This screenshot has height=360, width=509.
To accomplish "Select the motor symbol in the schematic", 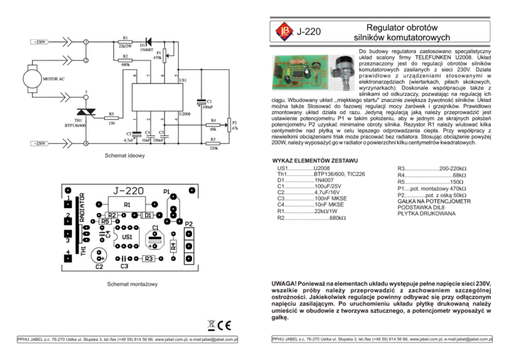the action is pos(32,75).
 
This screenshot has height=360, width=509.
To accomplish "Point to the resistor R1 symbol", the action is pos(126,42).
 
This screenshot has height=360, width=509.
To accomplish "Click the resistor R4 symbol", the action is pos(213,125).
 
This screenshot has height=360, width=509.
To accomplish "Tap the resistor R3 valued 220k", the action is pos(213,143).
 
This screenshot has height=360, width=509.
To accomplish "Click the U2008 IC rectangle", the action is pos(158,97).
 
